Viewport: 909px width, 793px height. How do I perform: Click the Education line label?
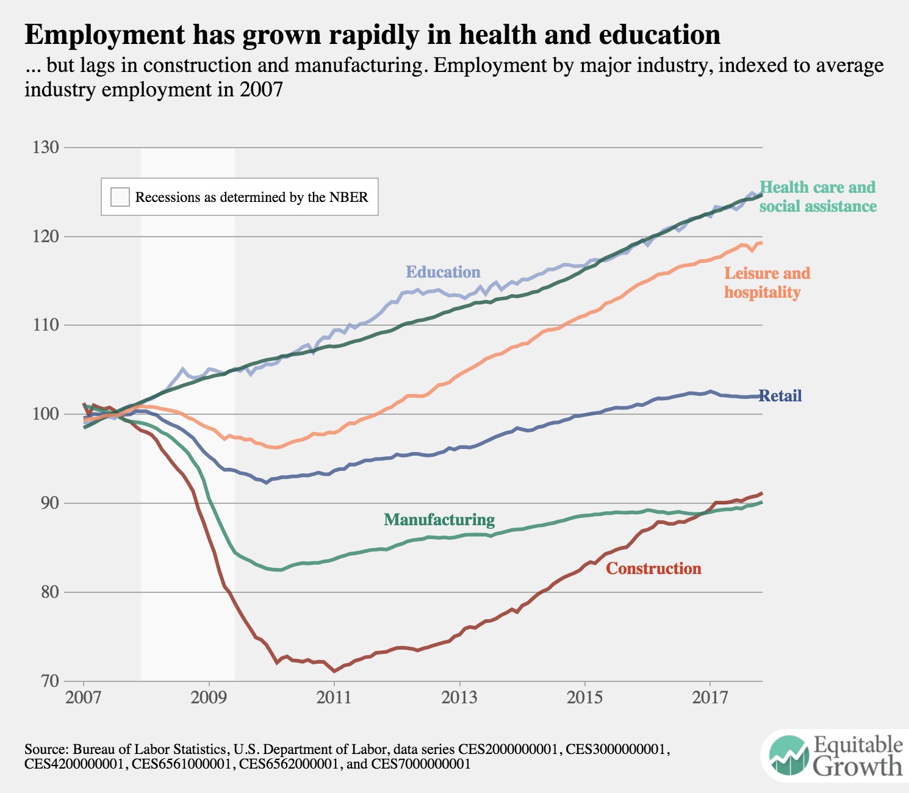[443, 272]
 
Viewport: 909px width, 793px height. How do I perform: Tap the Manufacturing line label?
[439, 520]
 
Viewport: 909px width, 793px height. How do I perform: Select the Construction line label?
[653, 569]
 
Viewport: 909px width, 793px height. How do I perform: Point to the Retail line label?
[780, 396]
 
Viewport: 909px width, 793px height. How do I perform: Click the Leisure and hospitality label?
[767, 282]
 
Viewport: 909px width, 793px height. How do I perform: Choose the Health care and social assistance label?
[817, 196]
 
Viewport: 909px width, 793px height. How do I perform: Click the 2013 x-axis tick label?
[459, 697]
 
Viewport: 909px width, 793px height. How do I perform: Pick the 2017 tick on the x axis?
[710, 697]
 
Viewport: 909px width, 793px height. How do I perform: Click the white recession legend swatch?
[120, 197]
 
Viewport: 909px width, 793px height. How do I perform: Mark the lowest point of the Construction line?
[334, 671]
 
